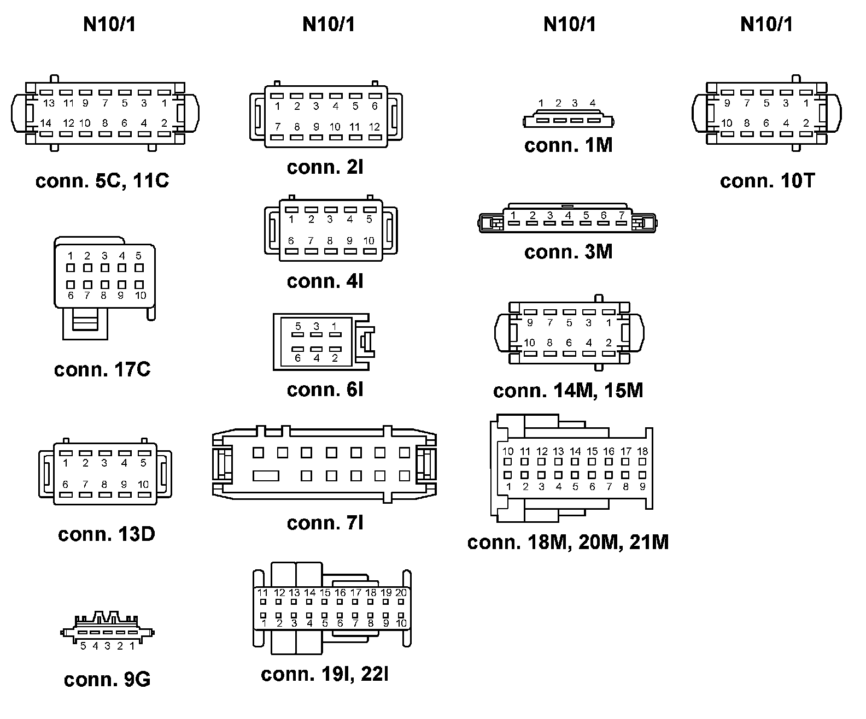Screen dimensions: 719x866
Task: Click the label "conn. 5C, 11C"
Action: [102, 181]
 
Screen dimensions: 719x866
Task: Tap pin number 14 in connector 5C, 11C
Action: [46, 123]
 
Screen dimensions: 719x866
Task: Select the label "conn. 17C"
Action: [102, 370]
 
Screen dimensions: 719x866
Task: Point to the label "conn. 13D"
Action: [107, 534]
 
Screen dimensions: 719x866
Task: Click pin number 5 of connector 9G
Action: [83, 646]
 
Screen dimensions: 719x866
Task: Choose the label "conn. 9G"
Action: [107, 680]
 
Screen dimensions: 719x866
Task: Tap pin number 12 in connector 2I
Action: [374, 127]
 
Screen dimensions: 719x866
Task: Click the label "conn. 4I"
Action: [325, 281]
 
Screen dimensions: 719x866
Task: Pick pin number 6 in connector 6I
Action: [298, 358]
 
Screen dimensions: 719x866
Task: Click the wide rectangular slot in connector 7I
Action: [266, 476]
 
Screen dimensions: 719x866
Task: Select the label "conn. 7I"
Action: [325, 523]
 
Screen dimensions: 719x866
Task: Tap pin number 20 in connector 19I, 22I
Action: [401, 593]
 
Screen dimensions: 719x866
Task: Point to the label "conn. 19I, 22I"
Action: [325, 674]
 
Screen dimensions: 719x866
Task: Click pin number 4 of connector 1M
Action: [593, 103]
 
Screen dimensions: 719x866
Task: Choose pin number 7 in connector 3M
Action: [621, 215]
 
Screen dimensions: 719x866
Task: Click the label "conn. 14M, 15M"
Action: [568, 391]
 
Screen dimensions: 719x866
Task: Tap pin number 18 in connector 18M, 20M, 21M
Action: [642, 451]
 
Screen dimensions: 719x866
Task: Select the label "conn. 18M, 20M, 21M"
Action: [568, 542]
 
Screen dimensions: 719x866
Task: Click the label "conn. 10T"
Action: [767, 181]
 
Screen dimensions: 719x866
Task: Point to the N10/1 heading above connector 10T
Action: [766, 25]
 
